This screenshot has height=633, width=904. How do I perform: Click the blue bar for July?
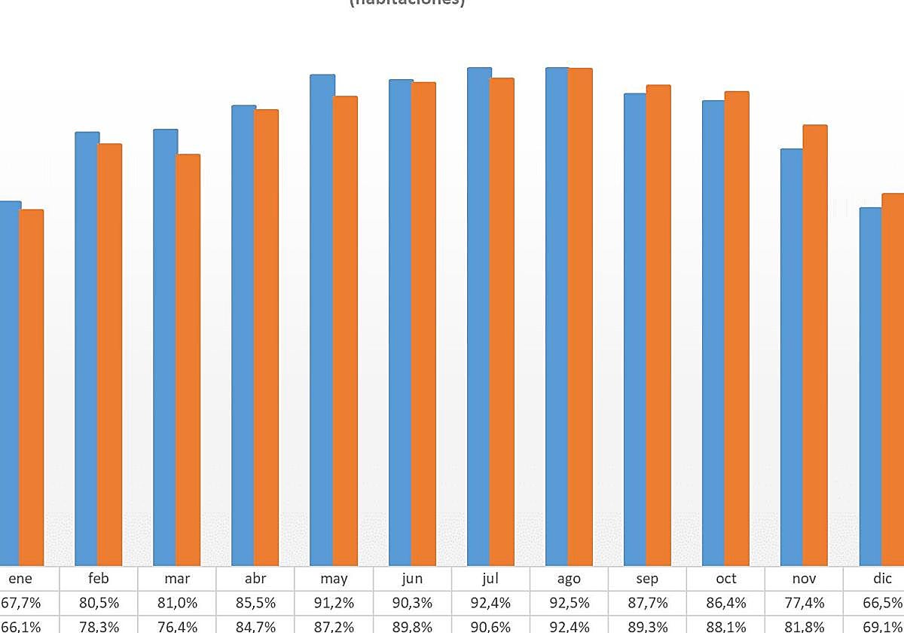pos(479,316)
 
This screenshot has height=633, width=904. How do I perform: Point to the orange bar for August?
pos(580,316)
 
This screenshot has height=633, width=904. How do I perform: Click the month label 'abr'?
pos(255,579)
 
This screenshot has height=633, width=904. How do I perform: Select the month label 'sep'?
pos(647,579)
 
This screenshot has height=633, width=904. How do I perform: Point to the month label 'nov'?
pos(804,579)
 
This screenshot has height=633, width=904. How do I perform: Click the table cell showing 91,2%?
pos(334,604)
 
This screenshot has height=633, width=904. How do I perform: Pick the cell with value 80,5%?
pos(99,604)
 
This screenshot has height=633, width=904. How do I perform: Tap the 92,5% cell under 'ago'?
pos(569,604)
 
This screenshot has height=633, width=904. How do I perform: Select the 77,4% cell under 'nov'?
pos(804,604)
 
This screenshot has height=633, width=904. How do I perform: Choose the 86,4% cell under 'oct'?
pos(725,604)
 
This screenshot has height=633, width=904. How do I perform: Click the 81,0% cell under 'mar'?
pos(177,604)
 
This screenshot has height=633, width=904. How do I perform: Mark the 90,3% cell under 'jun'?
pos(412,604)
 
